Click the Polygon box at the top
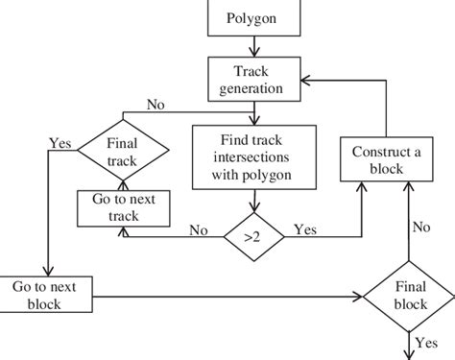[253, 17]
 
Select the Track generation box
[253, 81]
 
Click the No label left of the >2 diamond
[199, 230]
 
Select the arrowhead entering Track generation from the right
[299, 83]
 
